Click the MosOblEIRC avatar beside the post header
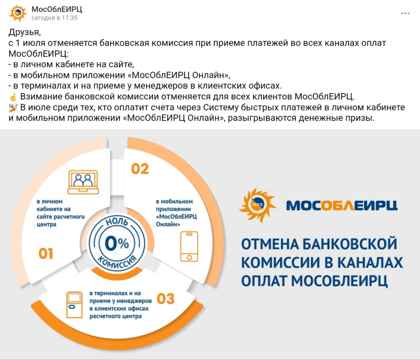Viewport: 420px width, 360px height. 18,13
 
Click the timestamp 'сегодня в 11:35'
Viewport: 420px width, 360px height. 54,18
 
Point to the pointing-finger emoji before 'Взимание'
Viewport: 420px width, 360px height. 13,96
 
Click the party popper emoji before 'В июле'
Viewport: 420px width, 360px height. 13,107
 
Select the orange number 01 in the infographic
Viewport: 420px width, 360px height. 46,253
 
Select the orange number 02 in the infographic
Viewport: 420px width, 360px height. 140,169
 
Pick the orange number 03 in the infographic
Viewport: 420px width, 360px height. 165,299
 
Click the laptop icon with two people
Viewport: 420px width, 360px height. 83,181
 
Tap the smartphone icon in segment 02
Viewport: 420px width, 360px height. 188,246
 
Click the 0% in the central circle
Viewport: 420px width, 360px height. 117,243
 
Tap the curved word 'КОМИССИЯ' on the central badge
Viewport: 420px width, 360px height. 117,264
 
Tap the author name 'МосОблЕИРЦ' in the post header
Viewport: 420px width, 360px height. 57,9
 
